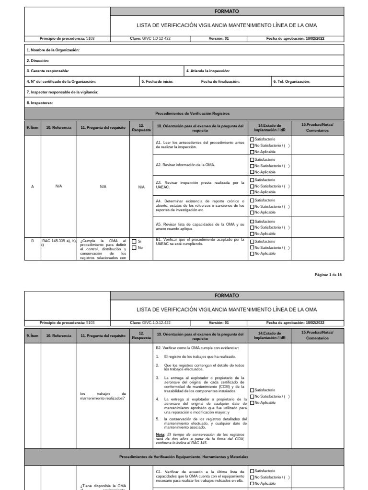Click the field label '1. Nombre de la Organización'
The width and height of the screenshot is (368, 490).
53,50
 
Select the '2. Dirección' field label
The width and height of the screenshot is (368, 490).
38,61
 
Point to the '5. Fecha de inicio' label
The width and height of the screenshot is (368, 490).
158,81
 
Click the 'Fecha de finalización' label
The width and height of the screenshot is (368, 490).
220,81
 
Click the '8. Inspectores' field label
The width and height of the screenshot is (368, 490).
40,102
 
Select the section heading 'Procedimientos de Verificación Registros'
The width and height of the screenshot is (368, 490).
193,113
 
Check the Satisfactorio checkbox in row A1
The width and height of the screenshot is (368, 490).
253,139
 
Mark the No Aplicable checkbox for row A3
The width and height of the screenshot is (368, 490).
253,192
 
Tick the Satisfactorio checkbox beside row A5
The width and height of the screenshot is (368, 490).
253,222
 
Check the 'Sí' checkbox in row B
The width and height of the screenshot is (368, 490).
134,241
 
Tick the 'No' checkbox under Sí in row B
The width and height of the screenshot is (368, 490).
134,248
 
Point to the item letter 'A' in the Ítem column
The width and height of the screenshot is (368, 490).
33,187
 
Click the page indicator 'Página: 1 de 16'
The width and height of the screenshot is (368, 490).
328,274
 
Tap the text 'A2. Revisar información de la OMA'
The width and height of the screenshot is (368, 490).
185,165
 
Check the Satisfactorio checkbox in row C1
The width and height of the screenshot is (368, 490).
253,471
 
